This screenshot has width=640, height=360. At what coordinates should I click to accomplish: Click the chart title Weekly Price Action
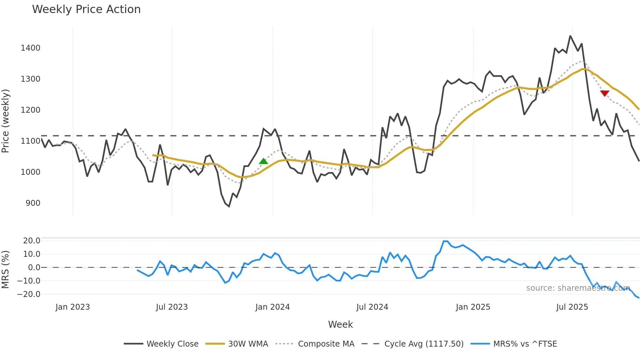coord(86,9)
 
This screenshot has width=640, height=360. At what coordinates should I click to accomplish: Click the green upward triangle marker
coord(264,161)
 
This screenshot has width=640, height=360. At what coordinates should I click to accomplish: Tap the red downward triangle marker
coord(605,93)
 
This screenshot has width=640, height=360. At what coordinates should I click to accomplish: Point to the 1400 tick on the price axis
coord(30,48)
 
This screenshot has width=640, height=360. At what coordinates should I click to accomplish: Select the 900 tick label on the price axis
coord(33,203)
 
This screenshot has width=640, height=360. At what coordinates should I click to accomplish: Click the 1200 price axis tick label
coord(30,110)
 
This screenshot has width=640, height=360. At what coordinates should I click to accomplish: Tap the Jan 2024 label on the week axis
coord(272,307)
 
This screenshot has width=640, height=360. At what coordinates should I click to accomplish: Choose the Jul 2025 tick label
coord(572,307)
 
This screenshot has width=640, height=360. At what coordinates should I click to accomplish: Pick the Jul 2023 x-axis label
coord(172,307)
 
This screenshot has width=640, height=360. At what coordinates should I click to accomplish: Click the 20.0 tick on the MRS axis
coord(32,241)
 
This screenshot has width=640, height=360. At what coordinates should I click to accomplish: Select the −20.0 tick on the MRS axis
coord(29,294)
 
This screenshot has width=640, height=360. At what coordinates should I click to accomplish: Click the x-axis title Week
coord(340,324)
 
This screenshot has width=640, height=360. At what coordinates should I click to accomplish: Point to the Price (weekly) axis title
coord(5,121)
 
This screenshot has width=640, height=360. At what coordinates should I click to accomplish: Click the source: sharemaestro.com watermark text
coord(578,288)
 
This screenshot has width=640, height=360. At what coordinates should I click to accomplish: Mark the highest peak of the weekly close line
coord(570,36)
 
